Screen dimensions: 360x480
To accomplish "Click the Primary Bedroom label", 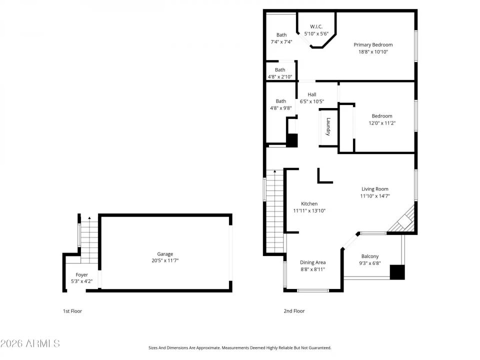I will tap(373, 44).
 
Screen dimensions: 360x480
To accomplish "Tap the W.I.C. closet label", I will tap(316, 26).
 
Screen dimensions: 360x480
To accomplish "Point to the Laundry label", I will tap(328, 126).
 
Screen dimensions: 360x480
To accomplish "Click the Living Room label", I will tap(375, 189).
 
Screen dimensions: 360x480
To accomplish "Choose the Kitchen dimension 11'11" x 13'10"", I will tap(309, 210).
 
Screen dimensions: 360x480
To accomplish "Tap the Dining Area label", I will tap(313, 262).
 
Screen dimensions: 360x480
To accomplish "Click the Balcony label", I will tap(370, 256).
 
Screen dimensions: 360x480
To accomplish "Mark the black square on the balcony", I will tap(397, 272).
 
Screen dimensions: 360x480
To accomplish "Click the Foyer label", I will tap(81, 274).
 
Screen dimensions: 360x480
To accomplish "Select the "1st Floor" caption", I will tap(72, 311).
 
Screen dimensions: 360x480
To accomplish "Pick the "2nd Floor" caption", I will tap(294, 311).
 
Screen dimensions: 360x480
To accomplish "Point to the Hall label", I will tap(312, 94).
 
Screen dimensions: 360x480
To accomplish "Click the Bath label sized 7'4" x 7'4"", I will tap(282, 35).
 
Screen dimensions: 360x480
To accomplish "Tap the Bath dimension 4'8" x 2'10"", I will tap(280, 77).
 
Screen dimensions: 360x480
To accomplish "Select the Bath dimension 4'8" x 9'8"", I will tap(280, 107).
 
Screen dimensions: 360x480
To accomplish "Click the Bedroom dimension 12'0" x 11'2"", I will tap(382, 122).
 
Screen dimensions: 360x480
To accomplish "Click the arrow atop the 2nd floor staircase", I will tap(274, 172).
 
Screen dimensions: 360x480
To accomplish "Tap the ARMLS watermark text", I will tap(30, 343).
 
